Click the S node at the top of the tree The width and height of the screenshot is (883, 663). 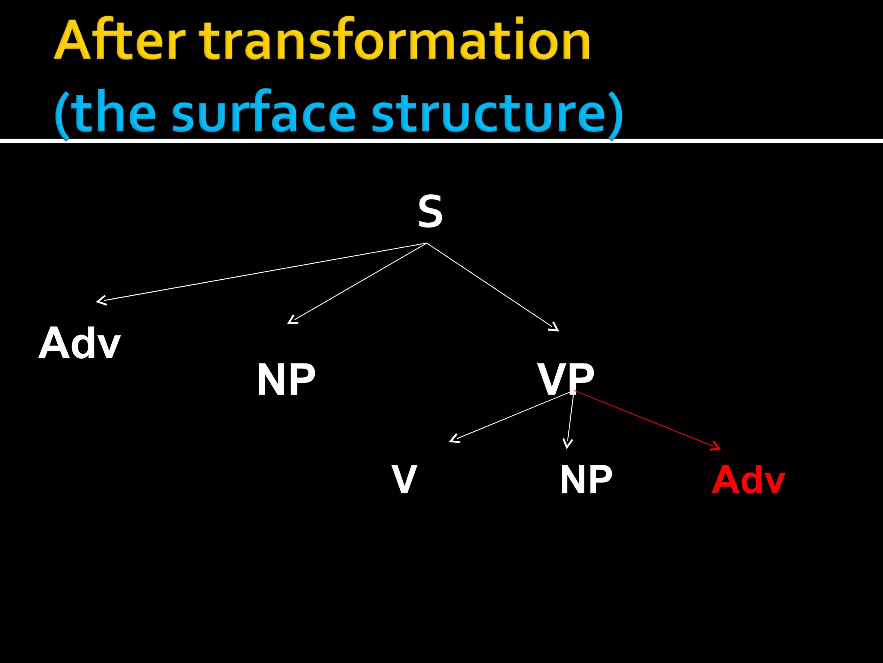[430, 212]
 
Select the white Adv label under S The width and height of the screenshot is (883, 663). [80, 344]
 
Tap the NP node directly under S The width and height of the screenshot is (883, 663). [286, 379]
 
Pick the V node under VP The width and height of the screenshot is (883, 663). [404, 479]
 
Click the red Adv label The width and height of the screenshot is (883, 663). [748, 480]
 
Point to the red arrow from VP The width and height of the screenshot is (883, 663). [647, 420]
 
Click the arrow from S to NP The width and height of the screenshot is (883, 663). [358, 283]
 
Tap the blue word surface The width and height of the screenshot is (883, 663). [264, 112]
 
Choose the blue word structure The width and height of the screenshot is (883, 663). [489, 112]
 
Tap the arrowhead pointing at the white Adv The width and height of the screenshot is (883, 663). [100, 300]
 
